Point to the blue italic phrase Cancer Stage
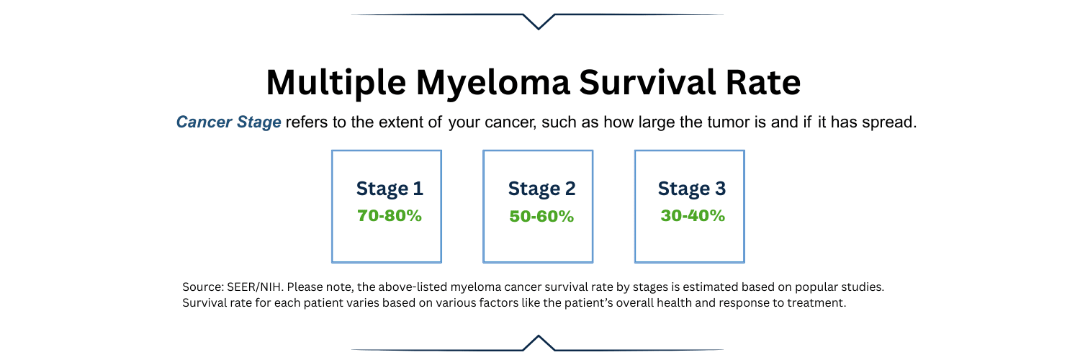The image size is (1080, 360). point(229,122)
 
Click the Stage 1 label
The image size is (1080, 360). point(390,189)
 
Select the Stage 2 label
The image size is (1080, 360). point(541,189)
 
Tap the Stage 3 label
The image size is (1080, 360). point(692,189)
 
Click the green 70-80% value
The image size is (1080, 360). point(390,215)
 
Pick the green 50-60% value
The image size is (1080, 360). point(541,216)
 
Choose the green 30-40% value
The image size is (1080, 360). point(693,215)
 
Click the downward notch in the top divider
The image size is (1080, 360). point(538,22)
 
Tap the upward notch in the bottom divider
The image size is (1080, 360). point(538,341)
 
